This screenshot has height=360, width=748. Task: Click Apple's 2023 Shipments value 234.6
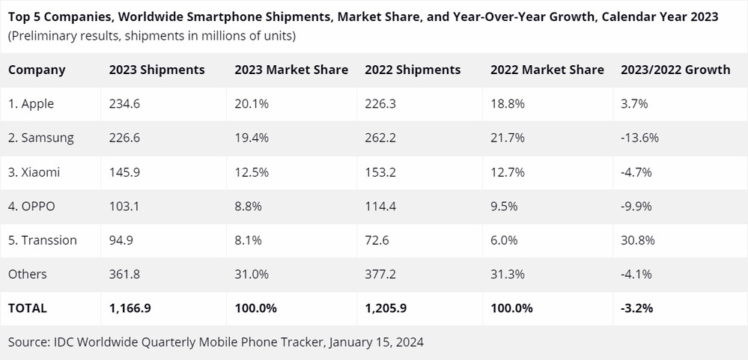click(124, 104)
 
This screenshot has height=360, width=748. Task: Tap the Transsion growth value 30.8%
click(636, 240)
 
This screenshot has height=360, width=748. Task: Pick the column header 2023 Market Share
click(291, 70)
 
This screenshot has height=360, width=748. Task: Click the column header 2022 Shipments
click(413, 70)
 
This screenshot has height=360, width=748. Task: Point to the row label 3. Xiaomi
click(34, 172)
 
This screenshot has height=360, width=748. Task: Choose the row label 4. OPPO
click(31, 207)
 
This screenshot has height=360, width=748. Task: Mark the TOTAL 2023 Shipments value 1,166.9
click(131, 308)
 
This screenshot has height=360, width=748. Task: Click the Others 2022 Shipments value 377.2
click(380, 274)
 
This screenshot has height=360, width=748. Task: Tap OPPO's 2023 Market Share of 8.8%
click(247, 207)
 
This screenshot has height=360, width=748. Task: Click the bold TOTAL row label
click(28, 308)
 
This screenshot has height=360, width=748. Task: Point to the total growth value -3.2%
click(636, 308)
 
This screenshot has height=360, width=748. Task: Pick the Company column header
click(37, 70)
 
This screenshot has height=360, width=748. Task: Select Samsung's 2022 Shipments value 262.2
click(380, 138)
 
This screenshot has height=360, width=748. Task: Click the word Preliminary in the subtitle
click(44, 35)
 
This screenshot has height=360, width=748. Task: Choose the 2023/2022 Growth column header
click(675, 70)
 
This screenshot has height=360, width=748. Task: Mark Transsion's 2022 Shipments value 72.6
click(377, 240)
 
